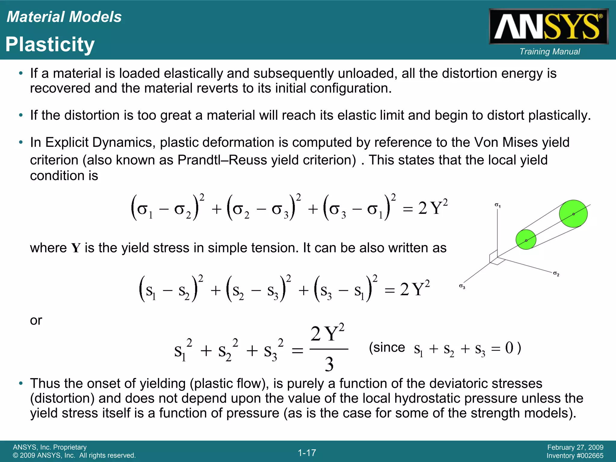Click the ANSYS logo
[548, 26]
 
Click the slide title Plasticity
[50, 45]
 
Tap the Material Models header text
[64, 17]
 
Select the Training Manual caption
[550, 52]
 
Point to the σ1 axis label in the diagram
[497, 205]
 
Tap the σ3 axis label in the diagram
[462, 287]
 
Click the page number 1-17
[307, 453]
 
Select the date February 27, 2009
[575, 447]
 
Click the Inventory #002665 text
[575, 456]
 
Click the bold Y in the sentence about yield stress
[76, 248]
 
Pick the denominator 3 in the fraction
[329, 364]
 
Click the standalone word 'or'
[36, 320]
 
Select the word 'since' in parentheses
[390, 348]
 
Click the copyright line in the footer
[74, 455]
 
